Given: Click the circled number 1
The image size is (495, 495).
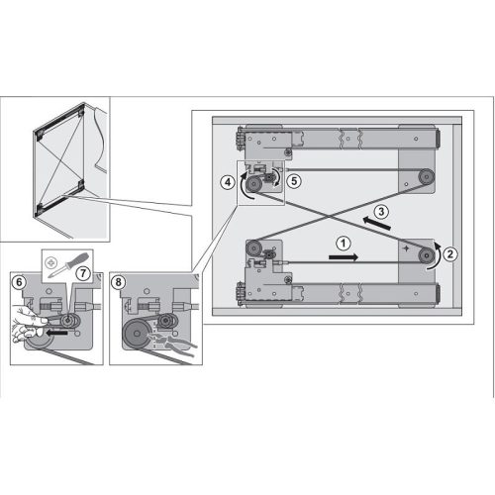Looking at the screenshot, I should click(x=342, y=242).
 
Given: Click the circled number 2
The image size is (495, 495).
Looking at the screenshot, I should click(x=449, y=251).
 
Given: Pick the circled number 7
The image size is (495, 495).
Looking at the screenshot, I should click(x=83, y=271).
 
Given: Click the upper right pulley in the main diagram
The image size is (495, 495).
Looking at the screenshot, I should click(x=423, y=177).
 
